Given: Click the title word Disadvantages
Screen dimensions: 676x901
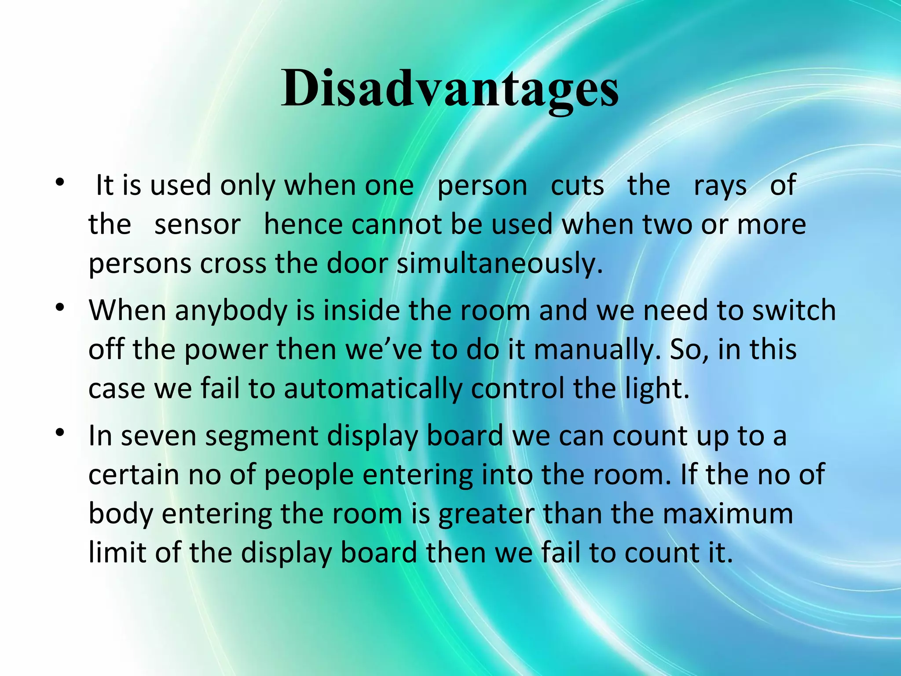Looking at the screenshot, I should point(450,89).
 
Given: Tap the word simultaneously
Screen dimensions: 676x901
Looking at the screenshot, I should point(499,264).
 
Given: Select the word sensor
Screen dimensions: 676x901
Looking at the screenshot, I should point(198,225).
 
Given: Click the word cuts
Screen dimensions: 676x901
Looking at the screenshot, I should point(577,186).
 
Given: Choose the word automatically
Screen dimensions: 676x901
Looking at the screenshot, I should point(373,389).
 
